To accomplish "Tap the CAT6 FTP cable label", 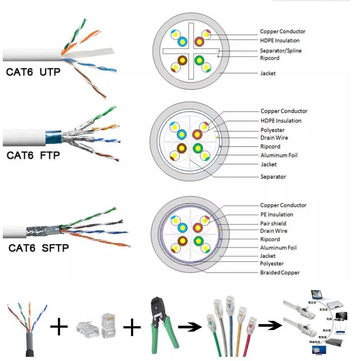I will pos(33,155).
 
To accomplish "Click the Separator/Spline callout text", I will pos(280,50).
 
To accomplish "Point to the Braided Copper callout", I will pos(279,272).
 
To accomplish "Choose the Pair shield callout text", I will pos(273,223).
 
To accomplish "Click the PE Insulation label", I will pos(276,214).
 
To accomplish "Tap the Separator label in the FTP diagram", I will pos(273,177).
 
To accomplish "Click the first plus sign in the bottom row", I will pos(59,328).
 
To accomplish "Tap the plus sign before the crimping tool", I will pos(132,328).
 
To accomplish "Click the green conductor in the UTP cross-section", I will pos(199,61).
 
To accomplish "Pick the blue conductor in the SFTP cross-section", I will pos(182,227).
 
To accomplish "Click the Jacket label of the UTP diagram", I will pos(268,73).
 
